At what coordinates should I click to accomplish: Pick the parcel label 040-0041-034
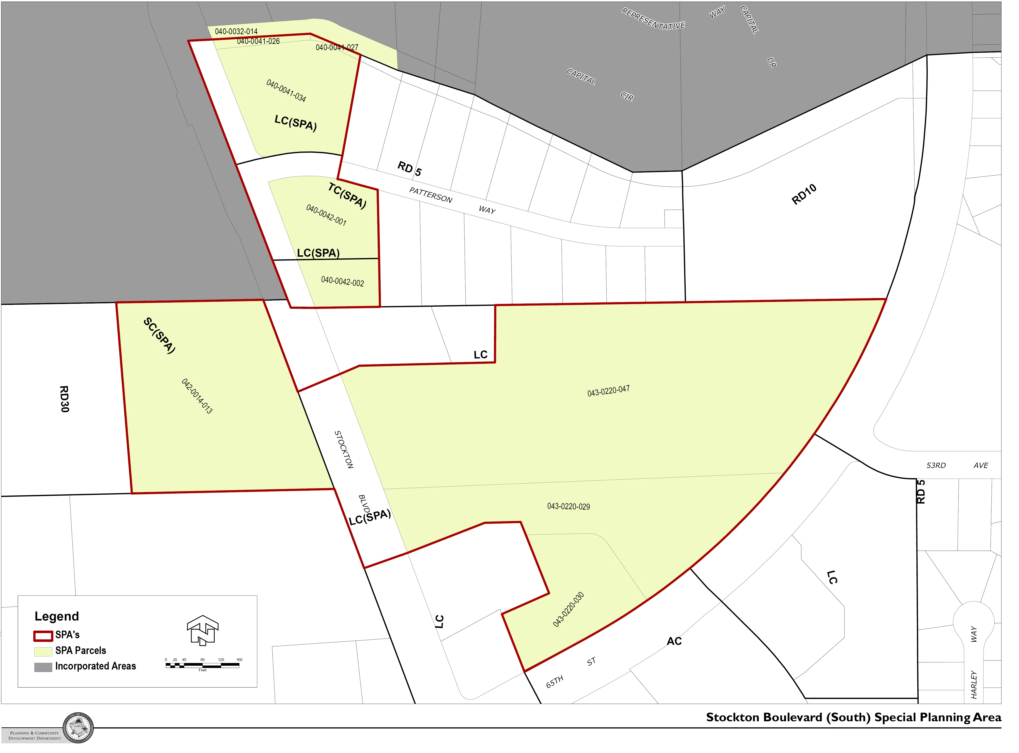286,91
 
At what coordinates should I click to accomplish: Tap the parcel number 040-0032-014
236,31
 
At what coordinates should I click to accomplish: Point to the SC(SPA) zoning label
159,336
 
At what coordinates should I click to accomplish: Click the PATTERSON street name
431,195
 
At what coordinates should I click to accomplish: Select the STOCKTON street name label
344,450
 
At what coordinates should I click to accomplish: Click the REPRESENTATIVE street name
653,19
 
